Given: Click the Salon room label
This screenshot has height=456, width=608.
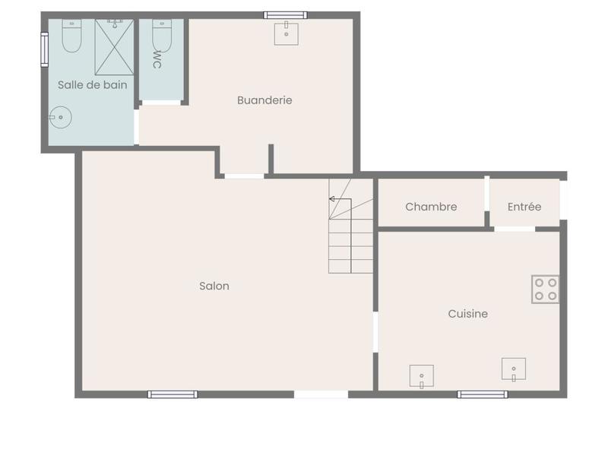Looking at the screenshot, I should pyautogui.click(x=214, y=287).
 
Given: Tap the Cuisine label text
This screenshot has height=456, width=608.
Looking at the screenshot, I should pyautogui.click(x=467, y=314).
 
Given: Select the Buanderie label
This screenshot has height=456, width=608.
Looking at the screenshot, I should pyautogui.click(x=264, y=100).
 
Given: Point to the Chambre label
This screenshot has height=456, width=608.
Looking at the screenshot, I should pyautogui.click(x=431, y=207).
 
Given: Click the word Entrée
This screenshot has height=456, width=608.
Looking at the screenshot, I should pyautogui.click(x=524, y=207).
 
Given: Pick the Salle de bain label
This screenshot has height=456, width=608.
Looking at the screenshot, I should pyautogui.click(x=92, y=85).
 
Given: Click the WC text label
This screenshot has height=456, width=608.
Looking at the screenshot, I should pyautogui.click(x=157, y=59).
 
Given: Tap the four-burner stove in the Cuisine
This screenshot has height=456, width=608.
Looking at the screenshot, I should pyautogui.click(x=546, y=290).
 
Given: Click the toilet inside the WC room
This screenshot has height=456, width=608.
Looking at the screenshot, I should pyautogui.click(x=161, y=34).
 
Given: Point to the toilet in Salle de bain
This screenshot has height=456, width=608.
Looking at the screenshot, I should pyautogui.click(x=71, y=36).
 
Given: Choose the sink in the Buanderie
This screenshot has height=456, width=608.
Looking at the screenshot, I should pyautogui.click(x=287, y=33).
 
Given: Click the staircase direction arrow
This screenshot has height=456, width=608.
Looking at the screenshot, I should pyautogui.click(x=333, y=199).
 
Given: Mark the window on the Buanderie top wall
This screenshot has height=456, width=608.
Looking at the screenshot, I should pyautogui.click(x=286, y=14).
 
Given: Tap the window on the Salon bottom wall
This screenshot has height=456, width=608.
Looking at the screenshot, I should pyautogui.click(x=173, y=394).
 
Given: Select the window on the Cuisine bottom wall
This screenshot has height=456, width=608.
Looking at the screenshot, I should pyautogui.click(x=483, y=394).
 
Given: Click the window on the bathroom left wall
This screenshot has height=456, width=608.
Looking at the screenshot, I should pyautogui.click(x=45, y=49).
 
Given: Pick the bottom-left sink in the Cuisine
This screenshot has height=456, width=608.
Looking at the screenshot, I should pyautogui.click(x=421, y=375).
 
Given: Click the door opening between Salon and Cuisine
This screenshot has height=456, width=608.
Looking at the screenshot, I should pyautogui.click(x=375, y=331).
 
